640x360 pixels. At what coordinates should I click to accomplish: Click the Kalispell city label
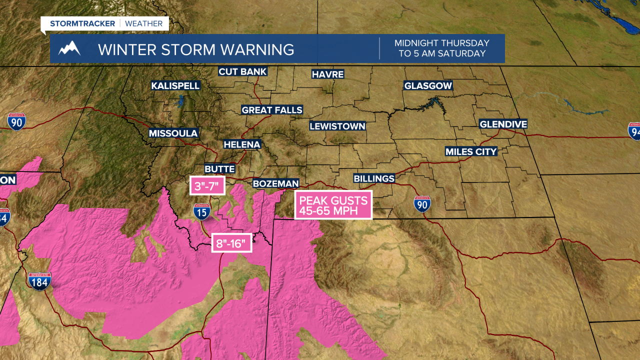point(175,86)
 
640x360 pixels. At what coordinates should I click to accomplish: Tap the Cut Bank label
point(242,71)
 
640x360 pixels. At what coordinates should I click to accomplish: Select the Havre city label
point(327,74)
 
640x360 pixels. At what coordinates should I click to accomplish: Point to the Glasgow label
point(428,86)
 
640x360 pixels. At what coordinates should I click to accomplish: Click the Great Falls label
point(272,110)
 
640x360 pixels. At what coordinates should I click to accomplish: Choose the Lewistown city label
point(337,126)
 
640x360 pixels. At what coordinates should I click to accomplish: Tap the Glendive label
point(503,124)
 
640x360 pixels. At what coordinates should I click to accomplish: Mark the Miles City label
point(471,151)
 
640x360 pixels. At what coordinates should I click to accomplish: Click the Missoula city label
point(173,133)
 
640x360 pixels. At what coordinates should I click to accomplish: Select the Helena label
point(242,144)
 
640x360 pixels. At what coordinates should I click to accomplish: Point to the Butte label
point(219,169)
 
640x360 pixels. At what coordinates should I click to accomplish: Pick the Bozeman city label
point(276,184)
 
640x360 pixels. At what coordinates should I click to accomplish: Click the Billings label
point(374,178)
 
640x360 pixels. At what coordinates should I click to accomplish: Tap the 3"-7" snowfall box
point(206,186)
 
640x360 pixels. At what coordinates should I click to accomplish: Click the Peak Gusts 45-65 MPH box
point(333,205)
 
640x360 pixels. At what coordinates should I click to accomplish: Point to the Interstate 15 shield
point(201,212)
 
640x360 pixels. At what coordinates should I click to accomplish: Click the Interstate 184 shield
point(39,282)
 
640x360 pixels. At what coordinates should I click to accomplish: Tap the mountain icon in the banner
point(69,49)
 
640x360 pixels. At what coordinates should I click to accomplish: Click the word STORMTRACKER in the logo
point(82,23)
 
